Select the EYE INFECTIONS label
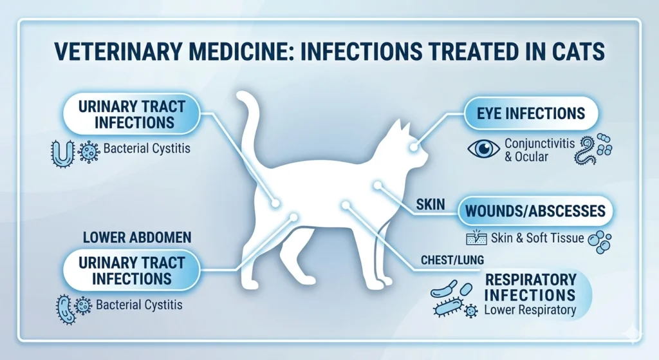point(532,114)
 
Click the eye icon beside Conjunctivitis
point(483,149)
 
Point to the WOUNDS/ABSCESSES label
point(535,211)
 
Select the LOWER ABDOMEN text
point(136,238)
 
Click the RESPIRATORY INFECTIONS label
point(530,288)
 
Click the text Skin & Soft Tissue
point(537,238)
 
